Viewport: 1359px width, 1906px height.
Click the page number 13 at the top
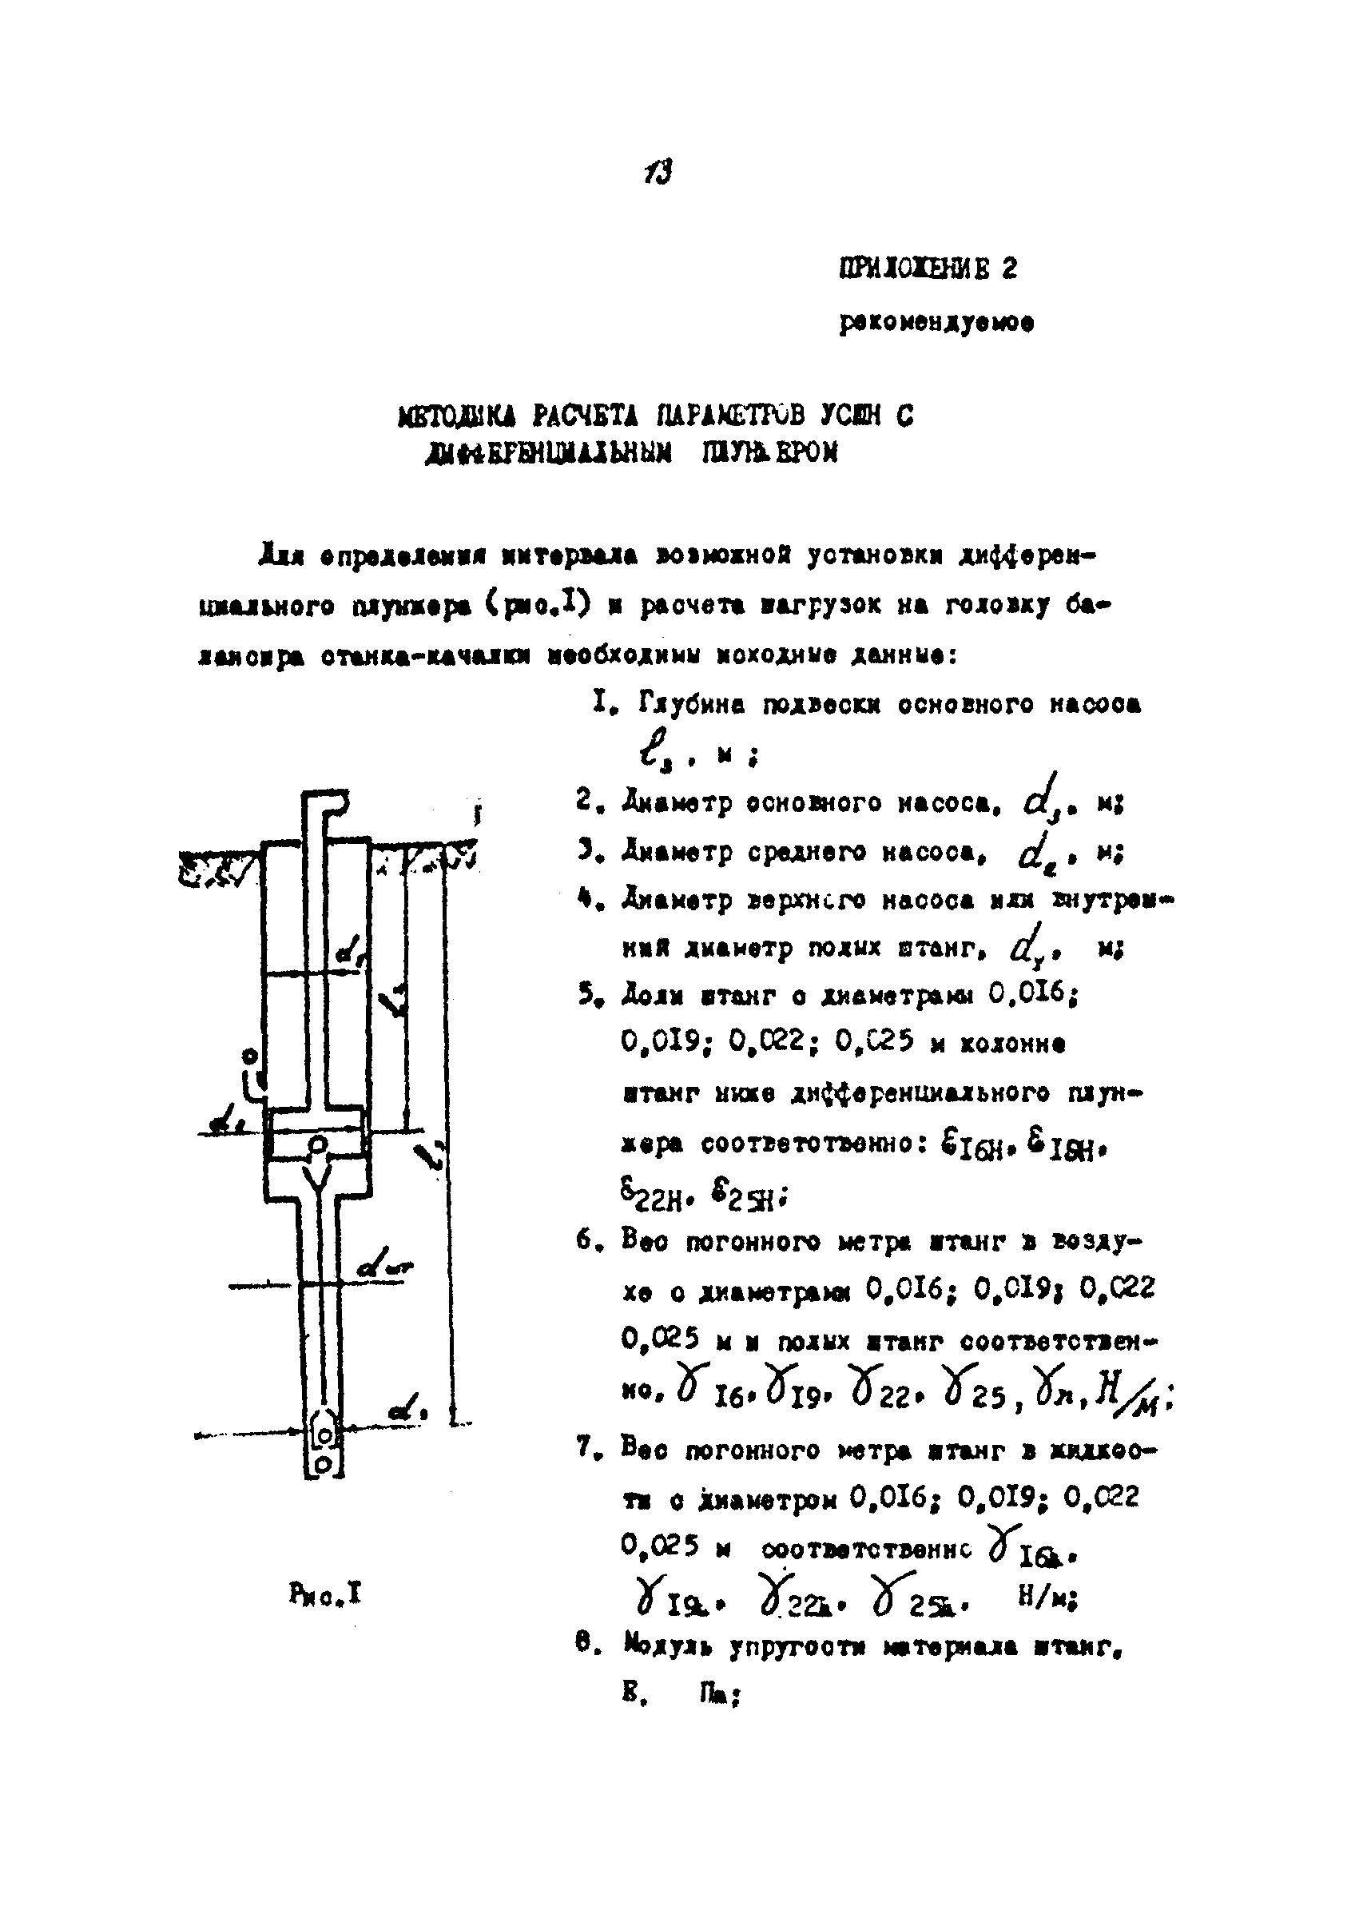click(x=658, y=173)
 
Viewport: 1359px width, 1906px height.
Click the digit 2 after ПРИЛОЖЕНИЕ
click(x=1008, y=269)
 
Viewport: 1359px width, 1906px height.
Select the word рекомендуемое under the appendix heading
click(x=936, y=323)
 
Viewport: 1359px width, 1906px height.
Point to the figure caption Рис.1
click(x=325, y=1594)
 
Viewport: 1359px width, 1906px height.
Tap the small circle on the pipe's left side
click(x=248, y=1056)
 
